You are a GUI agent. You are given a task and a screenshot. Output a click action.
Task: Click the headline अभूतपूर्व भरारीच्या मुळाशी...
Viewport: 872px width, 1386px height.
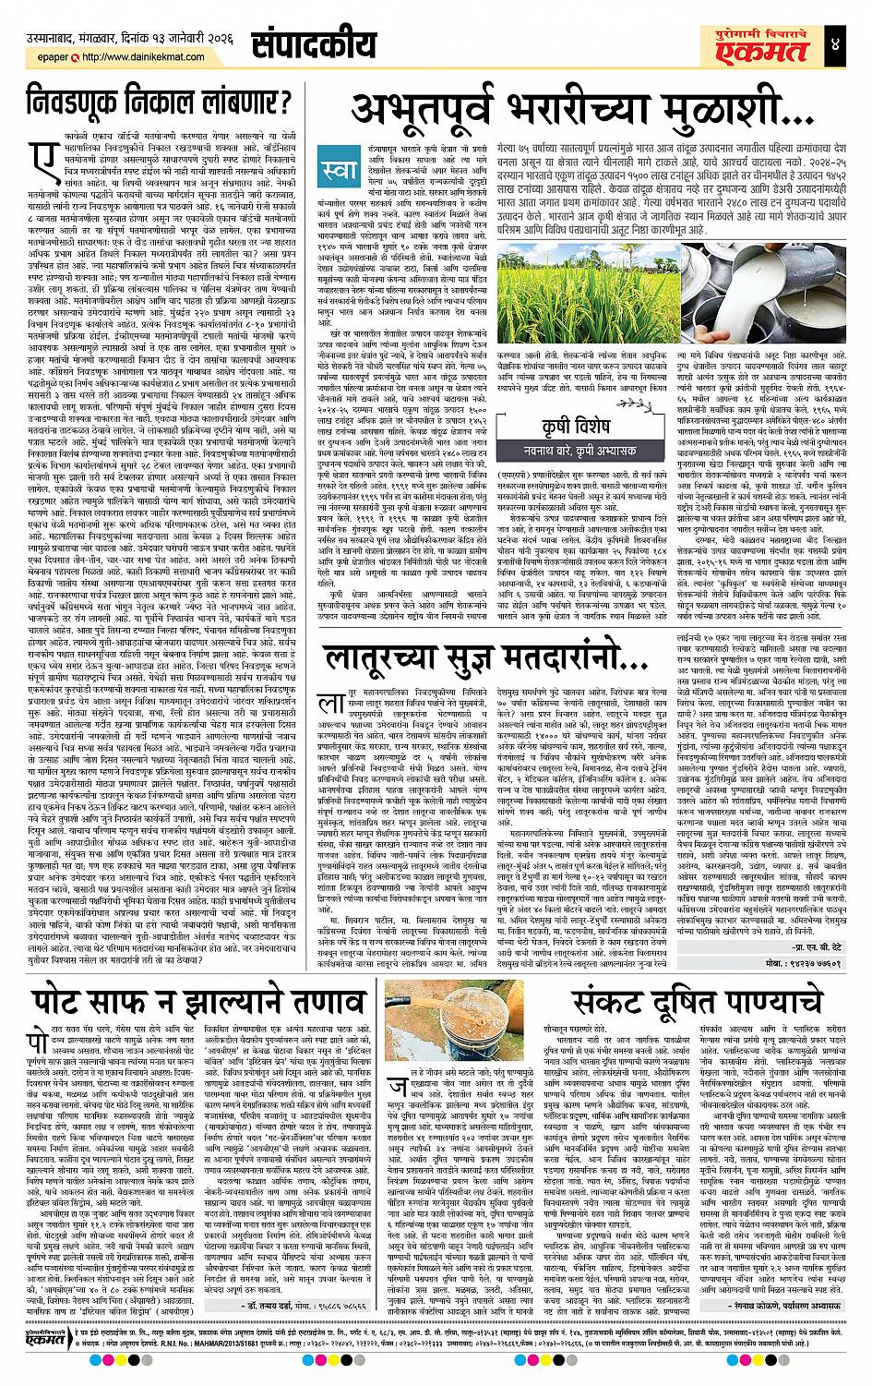point(578,109)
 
